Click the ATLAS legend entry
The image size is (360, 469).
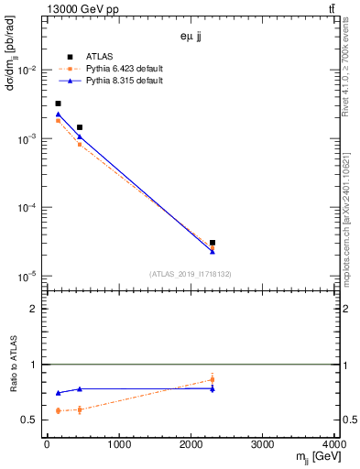click(x=87, y=56)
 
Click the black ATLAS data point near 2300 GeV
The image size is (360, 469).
click(x=213, y=243)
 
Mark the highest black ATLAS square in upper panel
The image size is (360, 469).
click(x=58, y=104)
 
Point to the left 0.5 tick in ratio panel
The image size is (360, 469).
click(x=34, y=420)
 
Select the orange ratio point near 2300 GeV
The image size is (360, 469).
click(x=213, y=379)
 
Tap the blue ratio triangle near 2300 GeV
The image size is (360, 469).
click(x=213, y=388)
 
